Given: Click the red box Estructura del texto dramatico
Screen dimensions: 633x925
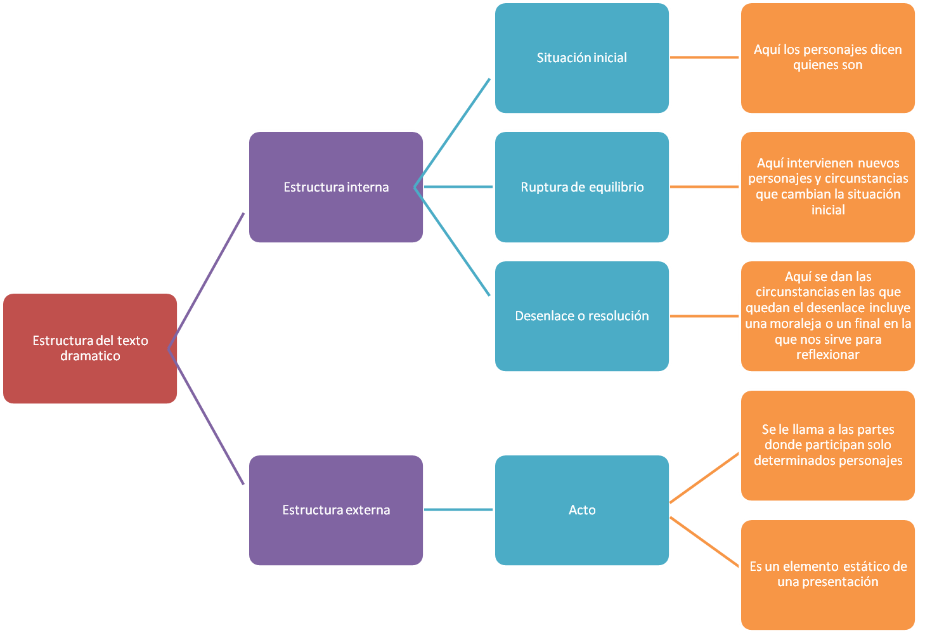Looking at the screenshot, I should (90, 348).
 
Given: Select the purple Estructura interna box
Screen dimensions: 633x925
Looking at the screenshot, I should (336, 187).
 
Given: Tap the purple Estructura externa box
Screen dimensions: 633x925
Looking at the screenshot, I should (336, 510).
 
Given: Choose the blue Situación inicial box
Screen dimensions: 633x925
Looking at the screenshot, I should (581, 58).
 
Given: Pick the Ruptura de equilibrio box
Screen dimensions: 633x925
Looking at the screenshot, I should (581, 187).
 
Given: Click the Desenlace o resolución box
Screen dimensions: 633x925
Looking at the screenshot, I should (581, 316).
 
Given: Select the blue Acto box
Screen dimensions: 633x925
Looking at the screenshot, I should (581, 510).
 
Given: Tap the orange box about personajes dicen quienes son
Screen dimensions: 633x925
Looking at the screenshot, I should (827, 58).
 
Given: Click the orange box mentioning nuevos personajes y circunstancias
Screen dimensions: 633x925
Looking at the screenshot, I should (827, 187).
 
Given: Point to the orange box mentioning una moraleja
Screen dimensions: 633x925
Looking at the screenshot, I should (827, 316).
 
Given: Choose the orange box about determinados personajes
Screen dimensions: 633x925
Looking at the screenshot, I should (827, 445).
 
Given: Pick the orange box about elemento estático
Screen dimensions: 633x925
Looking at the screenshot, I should (827, 574).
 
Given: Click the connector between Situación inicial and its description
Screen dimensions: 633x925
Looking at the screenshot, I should (704, 58).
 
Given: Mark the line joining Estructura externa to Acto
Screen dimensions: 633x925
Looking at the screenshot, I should (458, 510).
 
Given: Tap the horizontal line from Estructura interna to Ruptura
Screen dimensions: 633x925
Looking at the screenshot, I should (458, 187).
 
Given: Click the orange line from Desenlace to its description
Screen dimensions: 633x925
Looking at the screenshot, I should (704, 316).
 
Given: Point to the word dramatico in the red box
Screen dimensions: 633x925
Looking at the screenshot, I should (90, 356).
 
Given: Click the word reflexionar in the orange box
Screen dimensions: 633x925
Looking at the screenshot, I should (827, 355).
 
